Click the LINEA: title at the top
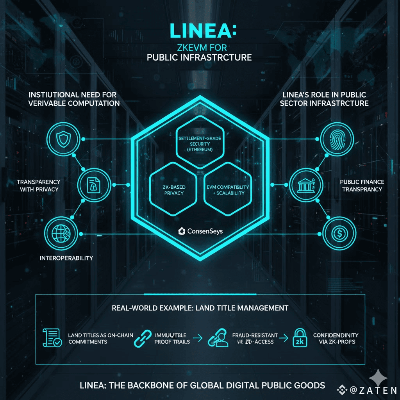click(x=200, y=31)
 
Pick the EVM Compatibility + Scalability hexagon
click(x=228, y=189)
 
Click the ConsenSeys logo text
click(x=200, y=231)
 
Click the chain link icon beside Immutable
click(x=143, y=339)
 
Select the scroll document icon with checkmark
click(x=51, y=338)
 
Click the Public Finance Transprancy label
click(x=362, y=186)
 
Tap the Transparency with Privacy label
click(x=38, y=186)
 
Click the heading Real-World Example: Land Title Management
click(x=200, y=308)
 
